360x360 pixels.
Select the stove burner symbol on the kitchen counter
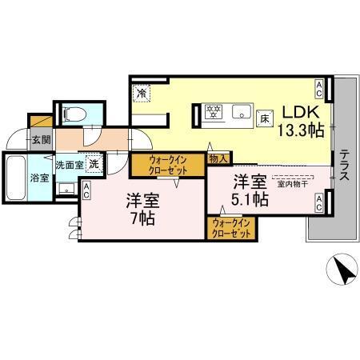tap(214, 111)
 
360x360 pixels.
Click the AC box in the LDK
tap(319, 86)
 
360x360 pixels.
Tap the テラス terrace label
tap(342, 165)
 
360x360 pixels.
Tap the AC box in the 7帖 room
tap(86, 190)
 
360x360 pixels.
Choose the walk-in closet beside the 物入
tap(168, 166)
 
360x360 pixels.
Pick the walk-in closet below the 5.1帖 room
tap(231, 227)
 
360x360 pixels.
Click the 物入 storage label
tap(218, 159)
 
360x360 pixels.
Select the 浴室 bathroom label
tap(39, 177)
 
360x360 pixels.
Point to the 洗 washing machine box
tap(94, 162)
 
